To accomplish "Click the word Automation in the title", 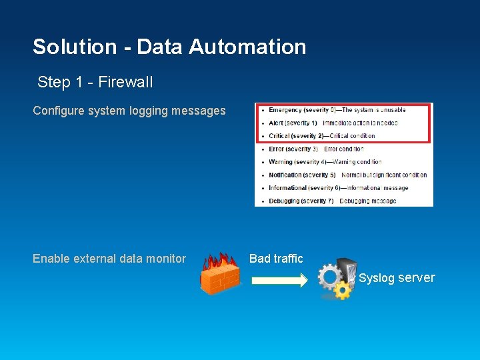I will (x=247, y=47).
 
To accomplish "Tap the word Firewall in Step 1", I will (x=125, y=82).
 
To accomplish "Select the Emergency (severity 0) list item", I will (x=337, y=110).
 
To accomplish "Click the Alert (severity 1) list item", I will (x=333, y=123).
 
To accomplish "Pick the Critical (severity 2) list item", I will (x=321, y=136).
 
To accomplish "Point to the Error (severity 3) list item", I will (x=315, y=149).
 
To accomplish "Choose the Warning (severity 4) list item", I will (x=325, y=162).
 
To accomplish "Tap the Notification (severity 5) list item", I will (x=347, y=175).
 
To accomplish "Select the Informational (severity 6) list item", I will (x=338, y=188).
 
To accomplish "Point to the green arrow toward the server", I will (x=279, y=281).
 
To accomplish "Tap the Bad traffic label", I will (x=276, y=259).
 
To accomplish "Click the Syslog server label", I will (x=397, y=278).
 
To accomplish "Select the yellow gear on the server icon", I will (x=343, y=290).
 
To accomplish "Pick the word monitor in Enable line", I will (x=165, y=259).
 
